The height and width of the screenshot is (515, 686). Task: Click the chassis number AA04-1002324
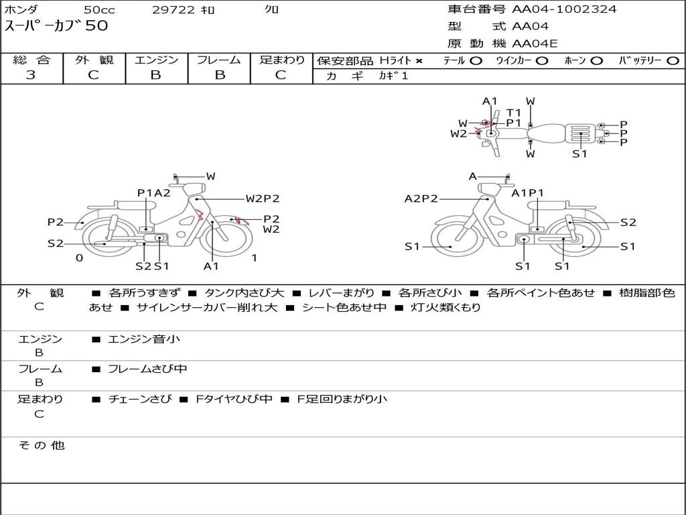(x=564, y=9)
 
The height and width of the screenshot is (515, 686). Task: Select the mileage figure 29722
(x=174, y=9)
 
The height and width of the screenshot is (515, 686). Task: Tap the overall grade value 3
(x=31, y=75)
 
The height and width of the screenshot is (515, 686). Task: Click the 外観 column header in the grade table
(x=94, y=60)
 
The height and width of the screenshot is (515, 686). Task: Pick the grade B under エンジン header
(x=155, y=75)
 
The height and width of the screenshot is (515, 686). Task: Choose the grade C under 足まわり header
(x=281, y=75)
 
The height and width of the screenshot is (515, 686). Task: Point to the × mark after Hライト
(x=419, y=61)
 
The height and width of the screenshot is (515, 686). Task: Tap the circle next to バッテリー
(x=673, y=61)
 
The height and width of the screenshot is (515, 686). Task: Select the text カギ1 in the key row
(x=393, y=76)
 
